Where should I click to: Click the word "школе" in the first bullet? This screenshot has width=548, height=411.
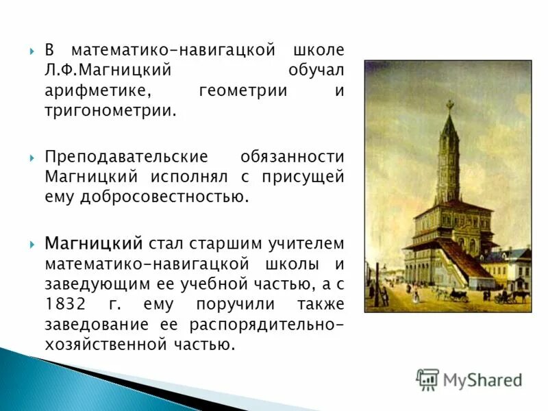tap(319, 51)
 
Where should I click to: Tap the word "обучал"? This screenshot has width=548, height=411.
tap(316, 71)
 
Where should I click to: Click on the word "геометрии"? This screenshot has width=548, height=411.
tap(242, 91)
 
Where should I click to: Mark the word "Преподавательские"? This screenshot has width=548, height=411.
tap(112, 157)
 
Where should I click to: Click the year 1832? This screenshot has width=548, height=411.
tap(65, 303)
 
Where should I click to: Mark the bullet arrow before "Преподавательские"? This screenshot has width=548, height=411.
tap(33, 158)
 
